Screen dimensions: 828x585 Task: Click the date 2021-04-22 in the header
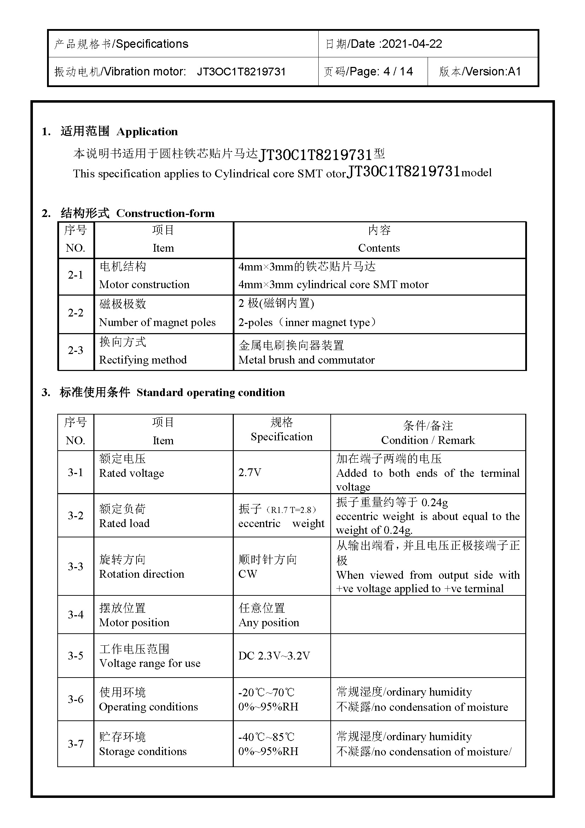click(x=412, y=44)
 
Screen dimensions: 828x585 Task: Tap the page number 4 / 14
click(x=398, y=72)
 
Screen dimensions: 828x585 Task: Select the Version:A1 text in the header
click(x=493, y=72)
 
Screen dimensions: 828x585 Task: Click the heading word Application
click(x=147, y=132)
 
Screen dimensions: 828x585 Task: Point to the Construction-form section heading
click(x=165, y=213)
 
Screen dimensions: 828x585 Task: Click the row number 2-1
click(x=75, y=275)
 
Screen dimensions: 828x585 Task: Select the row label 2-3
click(x=75, y=350)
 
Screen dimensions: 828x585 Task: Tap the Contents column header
click(x=379, y=248)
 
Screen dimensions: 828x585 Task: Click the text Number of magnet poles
click(x=157, y=322)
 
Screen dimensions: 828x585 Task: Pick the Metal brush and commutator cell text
click(x=307, y=360)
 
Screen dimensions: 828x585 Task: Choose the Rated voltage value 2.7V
click(x=250, y=473)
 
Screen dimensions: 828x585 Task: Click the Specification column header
click(x=282, y=437)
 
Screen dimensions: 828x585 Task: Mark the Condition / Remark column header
click(x=428, y=440)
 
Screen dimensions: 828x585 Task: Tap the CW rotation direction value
click(x=248, y=574)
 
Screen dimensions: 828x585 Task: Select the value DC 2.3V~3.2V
click(x=274, y=656)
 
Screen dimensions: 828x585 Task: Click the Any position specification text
click(x=269, y=623)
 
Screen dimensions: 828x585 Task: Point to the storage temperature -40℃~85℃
click(x=266, y=737)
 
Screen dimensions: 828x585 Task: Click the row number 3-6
click(x=75, y=699)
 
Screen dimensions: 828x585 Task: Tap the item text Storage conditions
click(x=143, y=752)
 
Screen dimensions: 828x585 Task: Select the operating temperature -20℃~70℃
click(x=266, y=692)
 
